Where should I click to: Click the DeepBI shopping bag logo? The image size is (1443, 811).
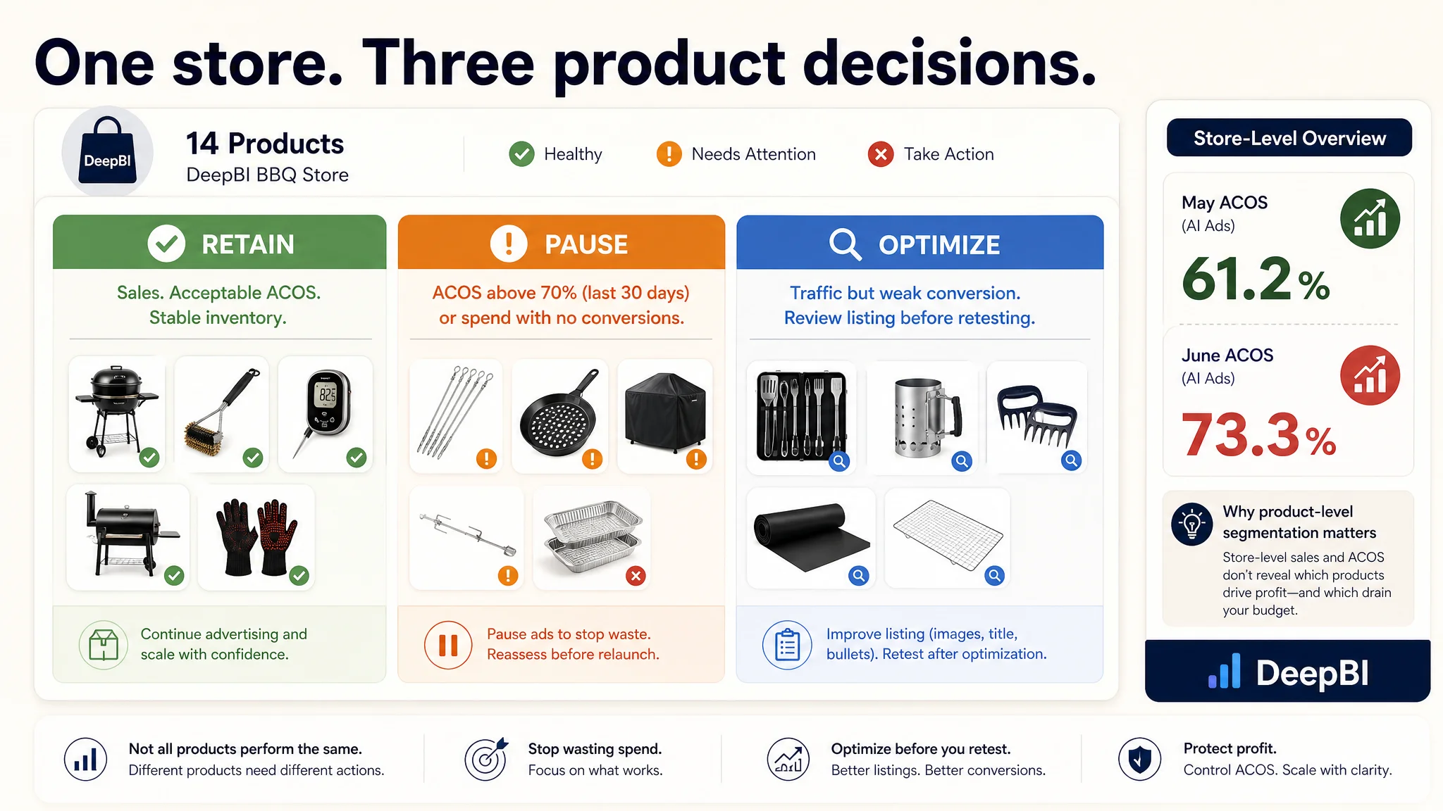(107, 151)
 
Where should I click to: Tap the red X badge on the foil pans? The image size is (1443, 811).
(636, 576)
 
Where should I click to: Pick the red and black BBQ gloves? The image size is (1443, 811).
(256, 536)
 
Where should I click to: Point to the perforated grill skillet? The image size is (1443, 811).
(558, 413)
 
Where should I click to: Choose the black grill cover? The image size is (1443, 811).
(665, 413)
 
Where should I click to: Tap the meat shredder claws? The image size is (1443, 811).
(1036, 415)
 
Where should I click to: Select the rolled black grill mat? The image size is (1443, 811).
(811, 537)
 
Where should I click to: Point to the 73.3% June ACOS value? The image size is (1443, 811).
(1258, 435)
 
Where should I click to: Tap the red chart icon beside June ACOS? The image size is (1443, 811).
(1370, 375)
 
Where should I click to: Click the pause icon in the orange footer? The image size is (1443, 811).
(448, 645)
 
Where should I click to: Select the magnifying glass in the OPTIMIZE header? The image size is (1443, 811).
(845, 244)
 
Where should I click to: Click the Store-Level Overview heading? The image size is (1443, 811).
(1289, 138)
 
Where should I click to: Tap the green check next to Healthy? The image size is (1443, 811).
(521, 154)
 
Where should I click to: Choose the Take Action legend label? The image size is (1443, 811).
(948, 154)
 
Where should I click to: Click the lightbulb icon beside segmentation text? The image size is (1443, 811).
(1191, 524)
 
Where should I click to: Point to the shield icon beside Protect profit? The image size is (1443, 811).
(1139, 759)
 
